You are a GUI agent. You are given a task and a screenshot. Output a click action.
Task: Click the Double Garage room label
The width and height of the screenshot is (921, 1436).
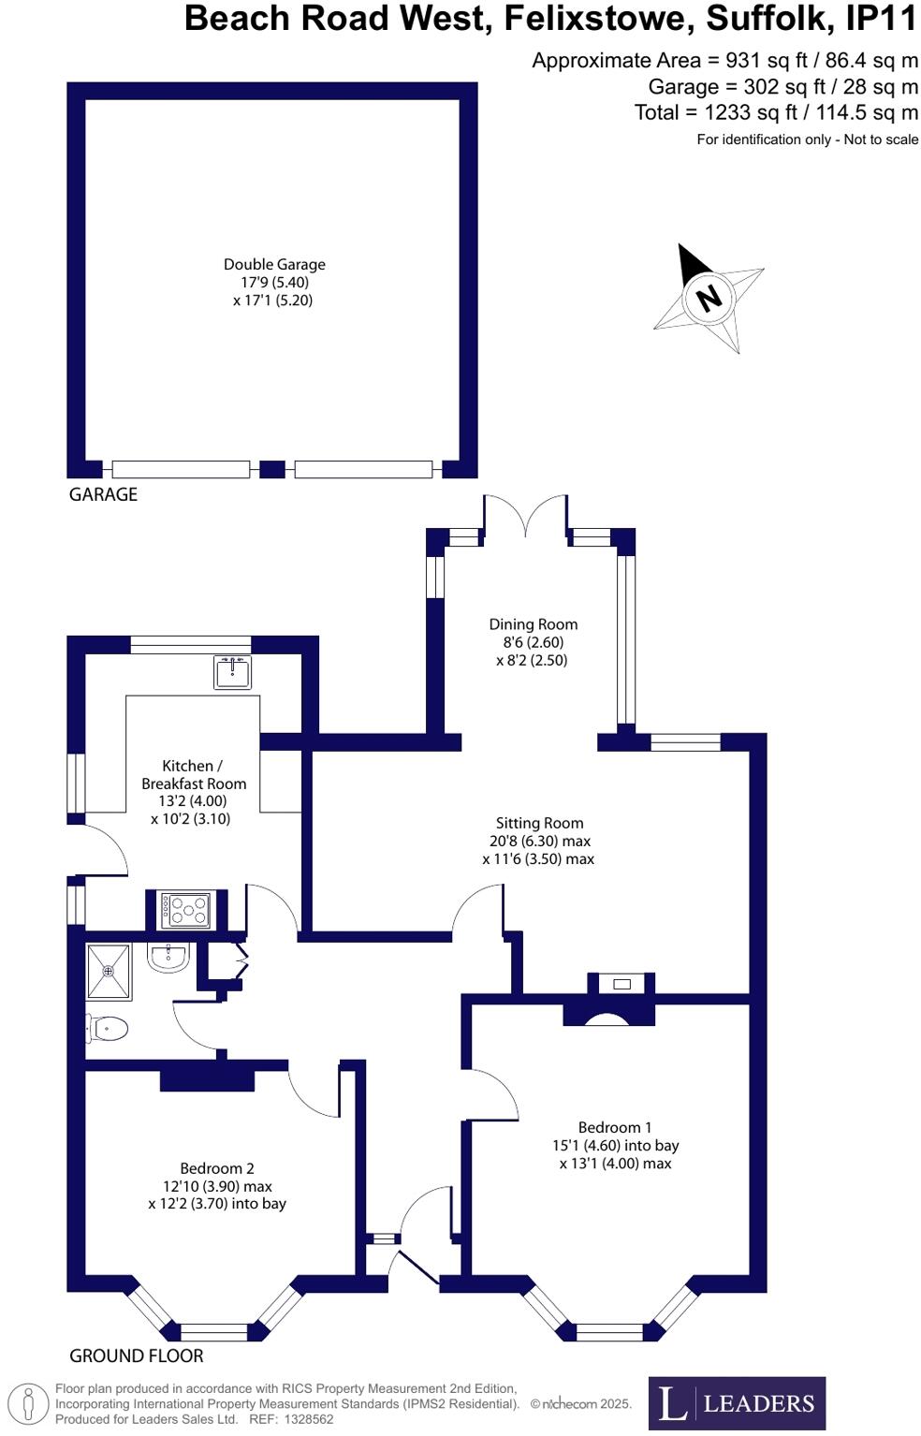point(273,265)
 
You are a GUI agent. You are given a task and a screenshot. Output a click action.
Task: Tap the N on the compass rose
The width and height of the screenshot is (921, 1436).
point(709,299)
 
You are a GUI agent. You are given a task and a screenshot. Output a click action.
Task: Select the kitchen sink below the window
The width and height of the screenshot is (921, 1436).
point(232,672)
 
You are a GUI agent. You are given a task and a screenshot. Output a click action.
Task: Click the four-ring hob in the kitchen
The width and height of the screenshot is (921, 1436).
point(186,910)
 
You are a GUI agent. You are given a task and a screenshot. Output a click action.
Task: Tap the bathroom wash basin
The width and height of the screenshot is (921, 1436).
point(169,957)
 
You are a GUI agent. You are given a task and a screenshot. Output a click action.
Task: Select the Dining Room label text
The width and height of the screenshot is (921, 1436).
point(533,624)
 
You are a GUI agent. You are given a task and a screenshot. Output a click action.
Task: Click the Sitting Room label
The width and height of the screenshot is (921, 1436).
point(539,823)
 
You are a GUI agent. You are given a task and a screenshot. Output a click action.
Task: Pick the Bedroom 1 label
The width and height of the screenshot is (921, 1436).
point(614,1127)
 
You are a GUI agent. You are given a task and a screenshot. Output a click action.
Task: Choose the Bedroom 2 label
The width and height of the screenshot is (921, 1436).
point(217,1168)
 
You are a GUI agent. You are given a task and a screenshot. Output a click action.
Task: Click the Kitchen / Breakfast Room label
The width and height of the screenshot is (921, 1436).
point(193,774)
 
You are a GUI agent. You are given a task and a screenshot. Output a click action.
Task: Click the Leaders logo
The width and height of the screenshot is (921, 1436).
point(737,1403)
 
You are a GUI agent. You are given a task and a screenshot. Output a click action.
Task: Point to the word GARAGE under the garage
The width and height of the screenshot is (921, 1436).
point(103,494)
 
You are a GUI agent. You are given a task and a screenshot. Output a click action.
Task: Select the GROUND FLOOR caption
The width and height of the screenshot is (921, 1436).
point(137,1355)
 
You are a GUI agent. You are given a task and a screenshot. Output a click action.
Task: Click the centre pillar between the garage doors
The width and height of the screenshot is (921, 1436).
point(272,469)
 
